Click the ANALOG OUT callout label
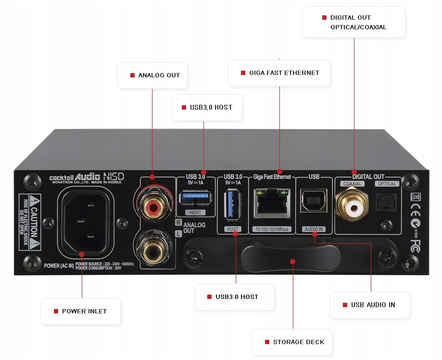tap(152, 75)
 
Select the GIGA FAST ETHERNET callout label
tap(279, 73)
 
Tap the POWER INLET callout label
tap(80, 311)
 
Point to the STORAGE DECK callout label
tap(292, 342)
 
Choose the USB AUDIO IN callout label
tap(369, 305)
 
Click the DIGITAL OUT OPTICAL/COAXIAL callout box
tap(354, 22)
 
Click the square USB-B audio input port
tap(314, 200)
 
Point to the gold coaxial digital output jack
tap(355, 208)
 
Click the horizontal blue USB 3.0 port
tap(196, 198)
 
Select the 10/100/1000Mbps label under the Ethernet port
tap(272, 229)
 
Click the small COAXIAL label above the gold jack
tap(352, 184)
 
